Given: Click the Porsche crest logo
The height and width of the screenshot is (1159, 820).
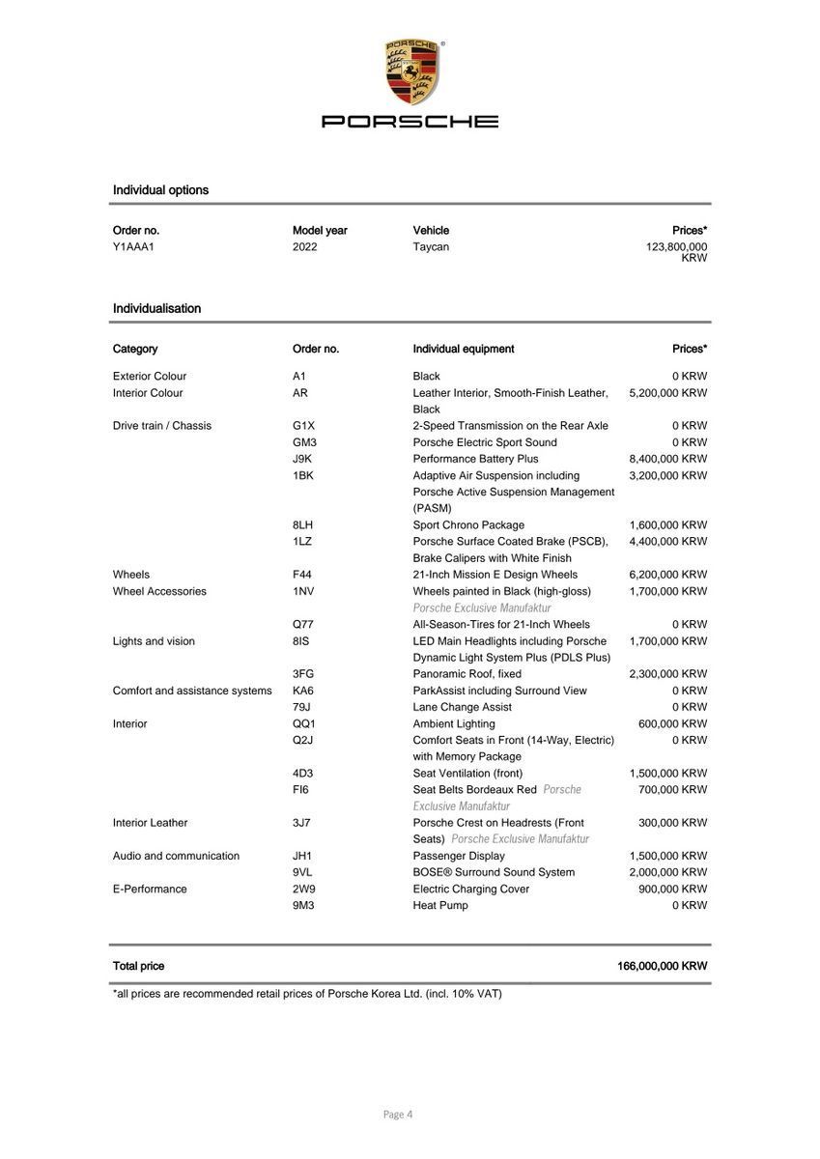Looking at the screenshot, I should pos(411,73).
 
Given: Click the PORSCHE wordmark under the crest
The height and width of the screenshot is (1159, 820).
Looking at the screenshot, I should pos(410,122).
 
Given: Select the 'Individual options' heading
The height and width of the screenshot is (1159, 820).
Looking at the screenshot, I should pos(160,190).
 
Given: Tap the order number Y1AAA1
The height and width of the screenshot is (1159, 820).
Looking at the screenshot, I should pos(133,247).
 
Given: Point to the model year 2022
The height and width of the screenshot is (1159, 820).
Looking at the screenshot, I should pos(304,247).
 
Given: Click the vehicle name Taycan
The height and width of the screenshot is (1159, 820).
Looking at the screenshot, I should pos(431,247).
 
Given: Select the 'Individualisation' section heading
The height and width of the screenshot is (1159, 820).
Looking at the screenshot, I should pos(156,309).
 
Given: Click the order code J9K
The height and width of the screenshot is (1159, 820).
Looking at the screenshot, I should pos(302,459).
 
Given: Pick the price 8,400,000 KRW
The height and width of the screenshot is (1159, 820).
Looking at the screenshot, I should pos(667,459).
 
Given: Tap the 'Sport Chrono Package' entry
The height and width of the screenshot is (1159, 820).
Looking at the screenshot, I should pos(468,525).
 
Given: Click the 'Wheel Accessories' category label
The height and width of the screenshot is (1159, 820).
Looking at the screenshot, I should pos(159,591).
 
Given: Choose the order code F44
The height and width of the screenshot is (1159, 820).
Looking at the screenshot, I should pos(302,575).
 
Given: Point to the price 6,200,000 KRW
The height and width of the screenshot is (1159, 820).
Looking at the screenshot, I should pos(667,575).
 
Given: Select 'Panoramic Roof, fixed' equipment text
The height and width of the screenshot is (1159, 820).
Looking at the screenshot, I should pos(467,674).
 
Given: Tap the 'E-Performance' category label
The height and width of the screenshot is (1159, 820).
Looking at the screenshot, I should pos(150,889).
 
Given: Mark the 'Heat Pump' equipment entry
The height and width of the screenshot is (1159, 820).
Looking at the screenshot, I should pos(440,905).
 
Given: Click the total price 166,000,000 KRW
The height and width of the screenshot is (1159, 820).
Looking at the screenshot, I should pos(662,966).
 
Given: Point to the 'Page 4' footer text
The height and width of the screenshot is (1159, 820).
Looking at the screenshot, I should pos(398,1115).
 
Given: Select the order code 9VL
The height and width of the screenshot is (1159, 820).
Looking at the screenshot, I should pos(303,872).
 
